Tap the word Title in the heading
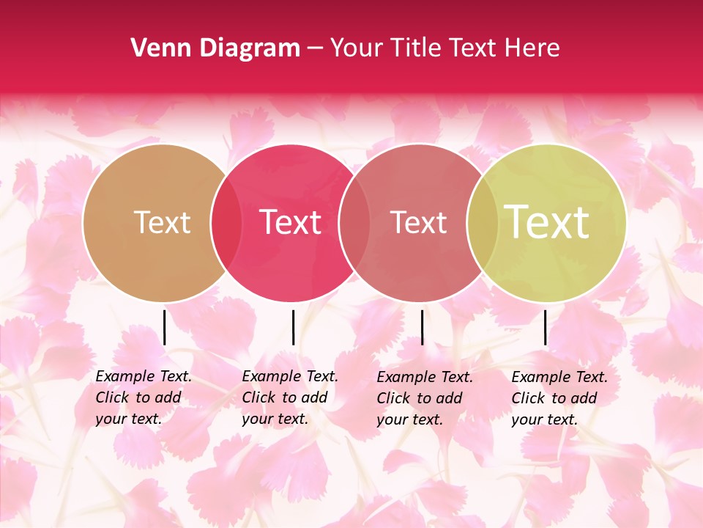point(416,48)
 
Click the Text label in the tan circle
point(162,222)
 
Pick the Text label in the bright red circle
point(290,222)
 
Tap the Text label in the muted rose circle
point(418,222)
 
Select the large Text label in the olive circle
point(547,222)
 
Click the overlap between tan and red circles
point(226,223)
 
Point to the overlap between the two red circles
point(354,223)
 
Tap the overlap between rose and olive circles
point(482,223)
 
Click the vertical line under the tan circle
point(165,327)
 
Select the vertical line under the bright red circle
point(293,327)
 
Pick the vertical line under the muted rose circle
point(422,327)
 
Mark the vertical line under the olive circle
point(545,327)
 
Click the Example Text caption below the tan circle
point(144,397)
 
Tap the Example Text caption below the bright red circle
point(290,397)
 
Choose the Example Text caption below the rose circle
point(425,398)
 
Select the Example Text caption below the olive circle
point(559,398)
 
